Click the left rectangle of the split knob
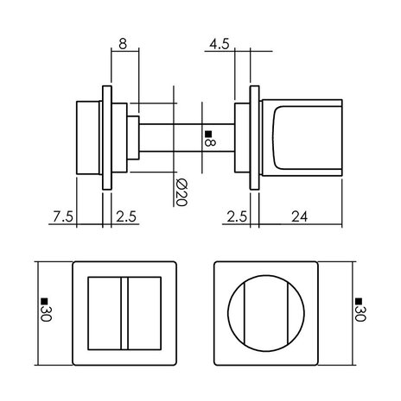pyautogui.click(x=106, y=311)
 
